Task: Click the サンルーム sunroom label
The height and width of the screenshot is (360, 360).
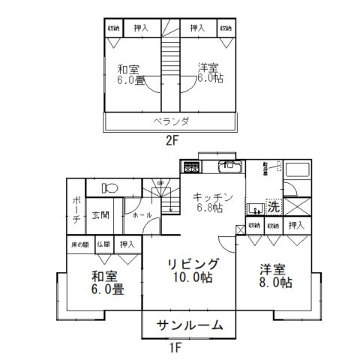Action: [x=190, y=325]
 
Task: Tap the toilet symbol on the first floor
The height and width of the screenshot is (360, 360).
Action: [x=109, y=188]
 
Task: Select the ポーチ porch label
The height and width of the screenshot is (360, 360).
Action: [x=76, y=210]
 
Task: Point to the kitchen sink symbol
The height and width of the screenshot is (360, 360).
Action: [x=227, y=166]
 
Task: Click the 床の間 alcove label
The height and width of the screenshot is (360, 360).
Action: [x=79, y=244]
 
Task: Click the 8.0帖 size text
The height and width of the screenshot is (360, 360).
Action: [x=275, y=283]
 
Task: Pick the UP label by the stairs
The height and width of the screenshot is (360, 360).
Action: [x=159, y=183]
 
